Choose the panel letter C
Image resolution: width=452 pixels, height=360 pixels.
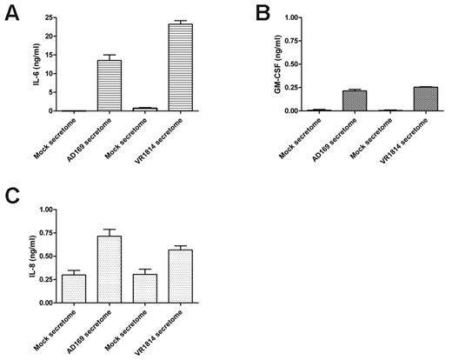(x=12, y=197)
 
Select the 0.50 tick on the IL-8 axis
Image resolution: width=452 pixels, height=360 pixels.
(x=44, y=256)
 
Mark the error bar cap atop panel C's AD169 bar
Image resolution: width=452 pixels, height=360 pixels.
(x=109, y=229)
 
